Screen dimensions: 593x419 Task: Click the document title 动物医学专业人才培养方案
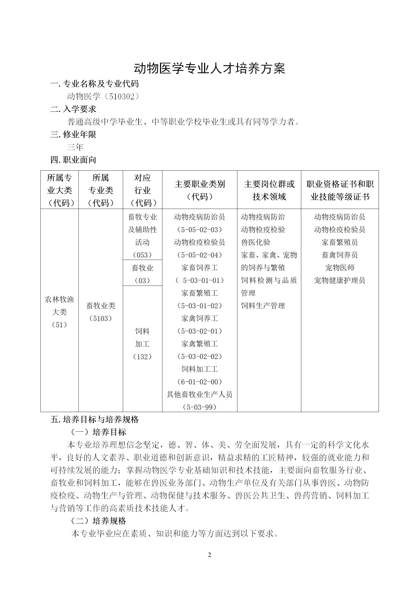point(209,69)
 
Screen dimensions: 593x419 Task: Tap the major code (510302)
point(123,96)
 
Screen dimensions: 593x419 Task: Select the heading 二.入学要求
point(73,109)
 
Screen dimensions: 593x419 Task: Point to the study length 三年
point(75,147)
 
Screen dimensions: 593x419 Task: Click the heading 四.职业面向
point(73,160)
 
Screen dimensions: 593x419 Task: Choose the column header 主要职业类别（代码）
point(200,190)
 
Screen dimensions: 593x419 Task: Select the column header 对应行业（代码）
point(142,190)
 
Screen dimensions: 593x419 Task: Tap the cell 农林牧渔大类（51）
point(59,312)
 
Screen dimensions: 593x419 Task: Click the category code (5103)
point(101,319)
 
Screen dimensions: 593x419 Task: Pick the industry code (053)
point(142,255)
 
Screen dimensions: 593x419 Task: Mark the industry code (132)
point(142,357)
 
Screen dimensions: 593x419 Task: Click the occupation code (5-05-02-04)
point(200,255)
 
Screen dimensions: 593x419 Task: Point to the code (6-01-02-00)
point(200,382)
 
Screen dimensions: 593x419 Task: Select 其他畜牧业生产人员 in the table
point(200,395)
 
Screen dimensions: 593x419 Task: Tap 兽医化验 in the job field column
point(256,242)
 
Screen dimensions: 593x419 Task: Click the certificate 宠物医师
point(340,268)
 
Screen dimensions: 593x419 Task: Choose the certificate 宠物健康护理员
point(340,281)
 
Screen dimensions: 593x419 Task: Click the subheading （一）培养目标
point(98,432)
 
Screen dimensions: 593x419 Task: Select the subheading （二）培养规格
point(98,521)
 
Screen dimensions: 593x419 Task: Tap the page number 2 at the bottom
point(210,555)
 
